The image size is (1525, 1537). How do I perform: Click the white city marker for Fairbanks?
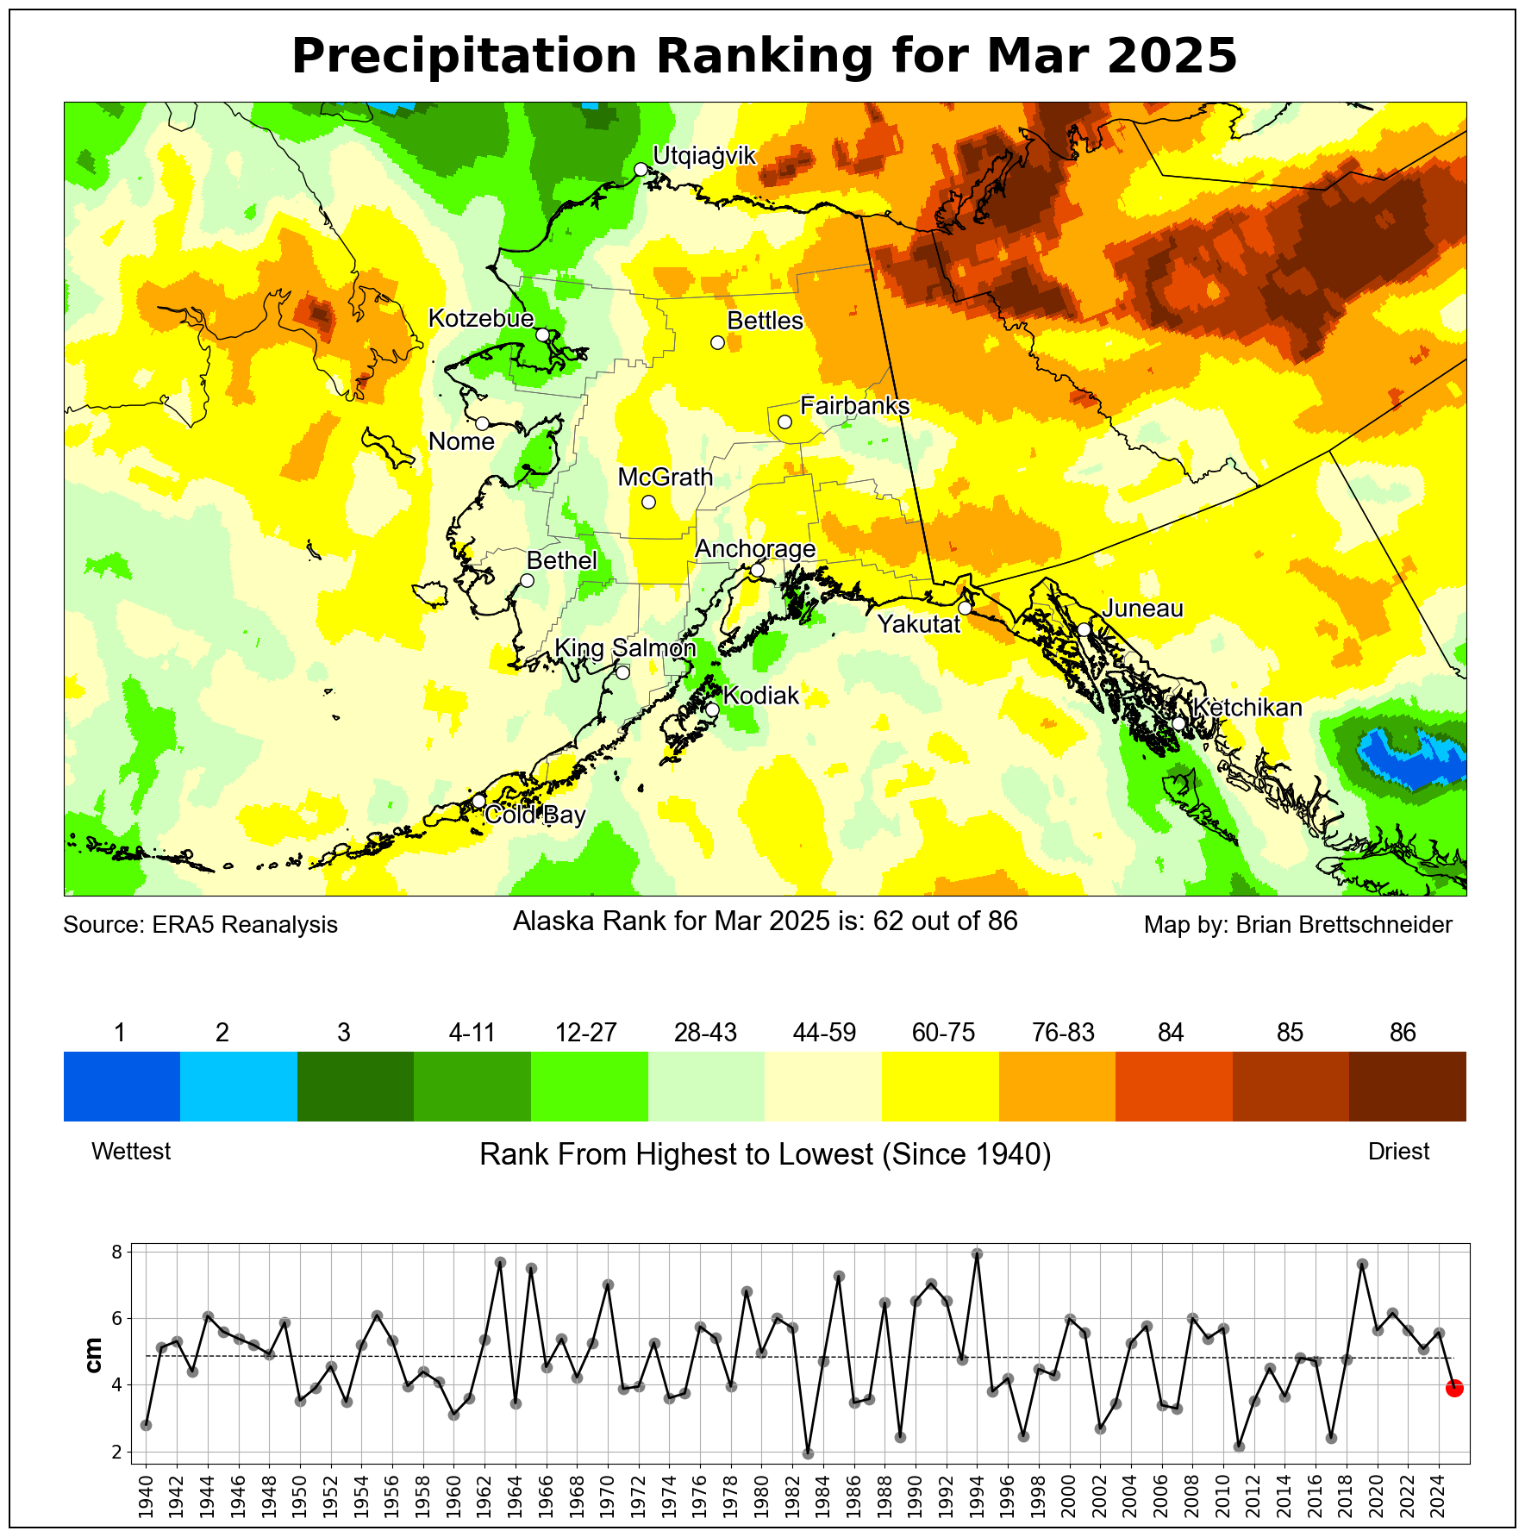(x=784, y=422)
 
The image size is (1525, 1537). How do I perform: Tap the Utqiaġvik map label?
(x=703, y=156)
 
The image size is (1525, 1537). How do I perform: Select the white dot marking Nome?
(x=483, y=423)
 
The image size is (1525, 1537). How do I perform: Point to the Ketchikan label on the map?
(x=1247, y=708)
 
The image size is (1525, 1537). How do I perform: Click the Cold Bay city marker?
(x=478, y=801)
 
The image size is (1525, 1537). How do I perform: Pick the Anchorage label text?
(x=755, y=549)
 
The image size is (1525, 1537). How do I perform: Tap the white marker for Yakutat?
(x=965, y=608)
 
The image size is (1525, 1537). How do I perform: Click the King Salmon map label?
(x=625, y=648)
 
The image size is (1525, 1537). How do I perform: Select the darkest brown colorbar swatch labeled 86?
(x=1407, y=1085)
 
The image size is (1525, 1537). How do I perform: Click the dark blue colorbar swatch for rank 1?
(x=122, y=1085)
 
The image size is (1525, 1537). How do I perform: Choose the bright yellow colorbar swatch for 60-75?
(x=940, y=1085)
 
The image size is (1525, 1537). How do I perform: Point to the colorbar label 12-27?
(x=586, y=1033)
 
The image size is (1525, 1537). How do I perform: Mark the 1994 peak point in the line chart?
(x=977, y=1254)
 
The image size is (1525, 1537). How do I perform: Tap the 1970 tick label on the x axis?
(x=608, y=1496)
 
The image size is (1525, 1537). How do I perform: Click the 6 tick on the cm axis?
(x=117, y=1319)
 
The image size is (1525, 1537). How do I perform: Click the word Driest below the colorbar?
(x=1398, y=1152)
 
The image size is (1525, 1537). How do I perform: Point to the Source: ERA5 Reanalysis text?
(x=200, y=925)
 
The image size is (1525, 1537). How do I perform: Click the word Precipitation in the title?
(x=465, y=57)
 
